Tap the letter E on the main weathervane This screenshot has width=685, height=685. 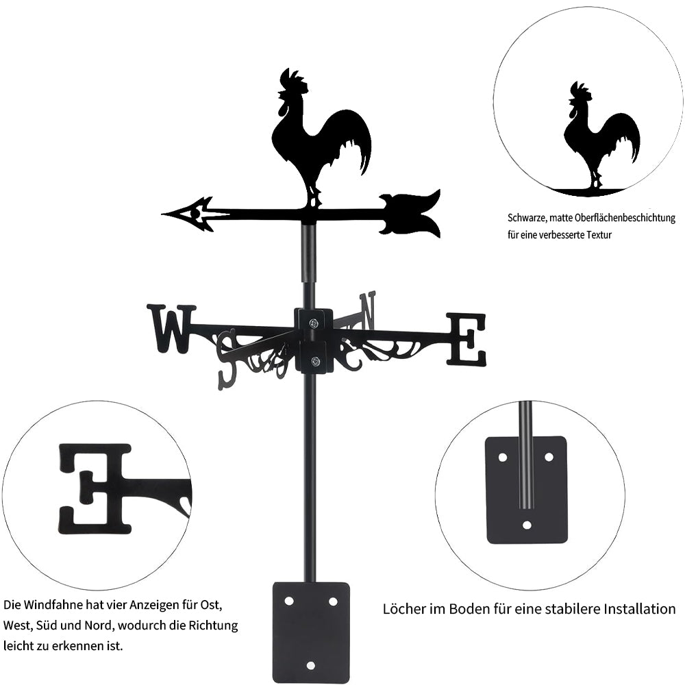pyautogui.click(x=466, y=339)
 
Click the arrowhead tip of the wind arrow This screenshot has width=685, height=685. pyautogui.click(x=162, y=214)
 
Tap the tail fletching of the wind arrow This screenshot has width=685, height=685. pyautogui.click(x=410, y=213)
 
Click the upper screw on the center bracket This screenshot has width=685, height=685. pyautogui.click(x=314, y=323)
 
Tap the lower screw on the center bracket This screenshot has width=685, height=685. pyautogui.click(x=314, y=361)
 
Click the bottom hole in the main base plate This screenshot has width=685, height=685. pyautogui.click(x=310, y=665)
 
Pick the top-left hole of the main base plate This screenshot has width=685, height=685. pyautogui.click(x=289, y=601)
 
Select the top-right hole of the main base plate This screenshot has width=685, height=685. pyautogui.click(x=333, y=601)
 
